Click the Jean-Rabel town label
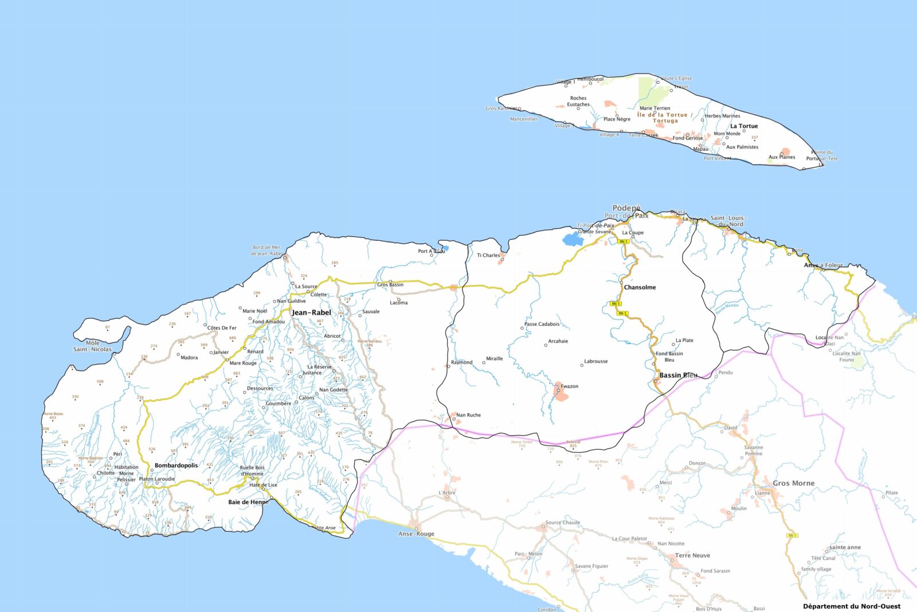tap(311, 313)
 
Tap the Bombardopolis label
tap(176, 466)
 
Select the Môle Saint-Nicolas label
tap(92, 346)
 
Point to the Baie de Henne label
tap(248, 502)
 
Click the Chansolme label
tap(640, 287)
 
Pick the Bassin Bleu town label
tap(679, 376)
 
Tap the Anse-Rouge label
tap(416, 534)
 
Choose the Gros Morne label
tap(793, 484)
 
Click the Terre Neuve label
tap(692, 556)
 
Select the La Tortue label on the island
tap(744, 126)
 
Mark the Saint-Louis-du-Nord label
tap(728, 221)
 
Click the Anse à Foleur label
tap(824, 266)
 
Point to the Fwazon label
tap(570, 387)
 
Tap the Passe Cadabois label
tap(542, 324)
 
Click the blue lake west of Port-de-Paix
tap(572, 239)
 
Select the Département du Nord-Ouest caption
tap(851, 606)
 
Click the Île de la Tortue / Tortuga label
tap(665, 118)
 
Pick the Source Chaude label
tap(563, 523)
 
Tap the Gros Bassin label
tap(390, 284)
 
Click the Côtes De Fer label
tap(222, 328)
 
